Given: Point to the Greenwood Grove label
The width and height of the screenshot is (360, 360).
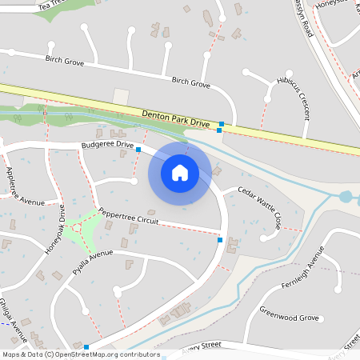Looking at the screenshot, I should (x=288, y=318).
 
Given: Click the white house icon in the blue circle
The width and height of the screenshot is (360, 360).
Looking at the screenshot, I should (x=180, y=173).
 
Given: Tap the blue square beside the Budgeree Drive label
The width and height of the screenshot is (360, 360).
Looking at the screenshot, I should (x=138, y=150).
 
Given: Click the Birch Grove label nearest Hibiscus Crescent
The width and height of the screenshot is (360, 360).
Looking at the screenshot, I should (x=191, y=82).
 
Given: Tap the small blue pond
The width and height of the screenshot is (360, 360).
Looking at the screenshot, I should (x=346, y=196).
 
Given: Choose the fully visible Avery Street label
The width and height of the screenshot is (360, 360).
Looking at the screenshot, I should (x=200, y=346).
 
